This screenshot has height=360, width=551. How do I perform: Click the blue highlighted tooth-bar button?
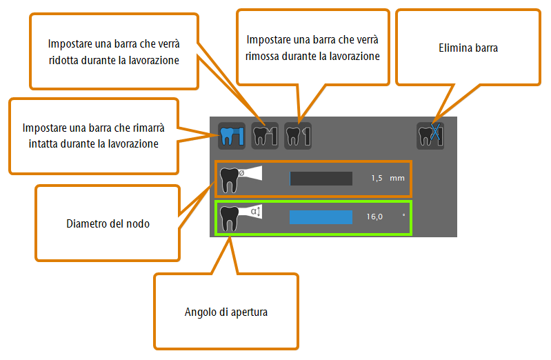pos(232,136)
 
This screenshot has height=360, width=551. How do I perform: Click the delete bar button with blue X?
pos(430,136)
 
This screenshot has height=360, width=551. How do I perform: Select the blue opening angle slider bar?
pos(321,217)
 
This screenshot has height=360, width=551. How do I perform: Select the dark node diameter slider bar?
pos(321,178)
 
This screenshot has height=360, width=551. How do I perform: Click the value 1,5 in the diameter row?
pos(377,178)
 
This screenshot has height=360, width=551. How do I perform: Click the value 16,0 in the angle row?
pos(374,217)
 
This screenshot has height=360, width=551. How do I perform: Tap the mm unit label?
pos(397,178)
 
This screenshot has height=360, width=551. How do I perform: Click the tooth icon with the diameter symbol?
pos(241,179)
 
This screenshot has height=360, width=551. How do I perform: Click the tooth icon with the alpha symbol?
pos(241,218)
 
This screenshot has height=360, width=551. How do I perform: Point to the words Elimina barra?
pos(468,48)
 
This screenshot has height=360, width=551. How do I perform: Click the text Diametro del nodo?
pos(108,223)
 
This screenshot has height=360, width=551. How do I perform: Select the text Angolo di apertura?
pos(226,312)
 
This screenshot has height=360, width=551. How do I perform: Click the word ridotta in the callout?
pos(63,60)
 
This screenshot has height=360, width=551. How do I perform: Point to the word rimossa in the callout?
pos(261,57)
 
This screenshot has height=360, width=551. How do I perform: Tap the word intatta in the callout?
pos(42,143)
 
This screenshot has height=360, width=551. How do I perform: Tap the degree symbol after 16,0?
pos(403,214)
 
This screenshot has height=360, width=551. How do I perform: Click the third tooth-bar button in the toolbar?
pos(298,136)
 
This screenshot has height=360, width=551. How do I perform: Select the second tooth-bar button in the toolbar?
pos(265,136)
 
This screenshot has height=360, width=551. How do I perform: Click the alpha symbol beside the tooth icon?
pos(254,211)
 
